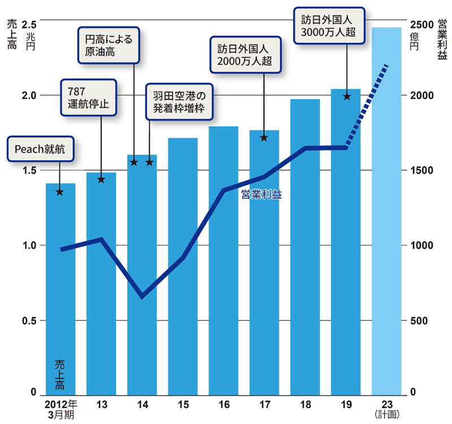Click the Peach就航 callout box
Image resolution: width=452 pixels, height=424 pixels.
tap(40, 149)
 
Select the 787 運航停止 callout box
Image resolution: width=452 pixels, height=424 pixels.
tap(88, 97)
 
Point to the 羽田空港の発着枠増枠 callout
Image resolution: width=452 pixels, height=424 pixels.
tap(180, 101)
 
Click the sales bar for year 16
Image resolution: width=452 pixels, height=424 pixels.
tap(223, 259)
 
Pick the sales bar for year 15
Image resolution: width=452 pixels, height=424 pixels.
tap(182, 265)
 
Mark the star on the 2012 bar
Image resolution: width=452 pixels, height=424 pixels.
tap(60, 192)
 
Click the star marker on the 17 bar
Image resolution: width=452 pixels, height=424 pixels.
tap(264, 137)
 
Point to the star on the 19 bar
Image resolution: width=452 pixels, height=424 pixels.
tap(346, 96)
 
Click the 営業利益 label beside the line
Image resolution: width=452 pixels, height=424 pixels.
tap(261, 195)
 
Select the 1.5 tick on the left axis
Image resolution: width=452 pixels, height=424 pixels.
tap(29, 170)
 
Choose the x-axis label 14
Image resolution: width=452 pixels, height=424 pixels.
tap(142, 404)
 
